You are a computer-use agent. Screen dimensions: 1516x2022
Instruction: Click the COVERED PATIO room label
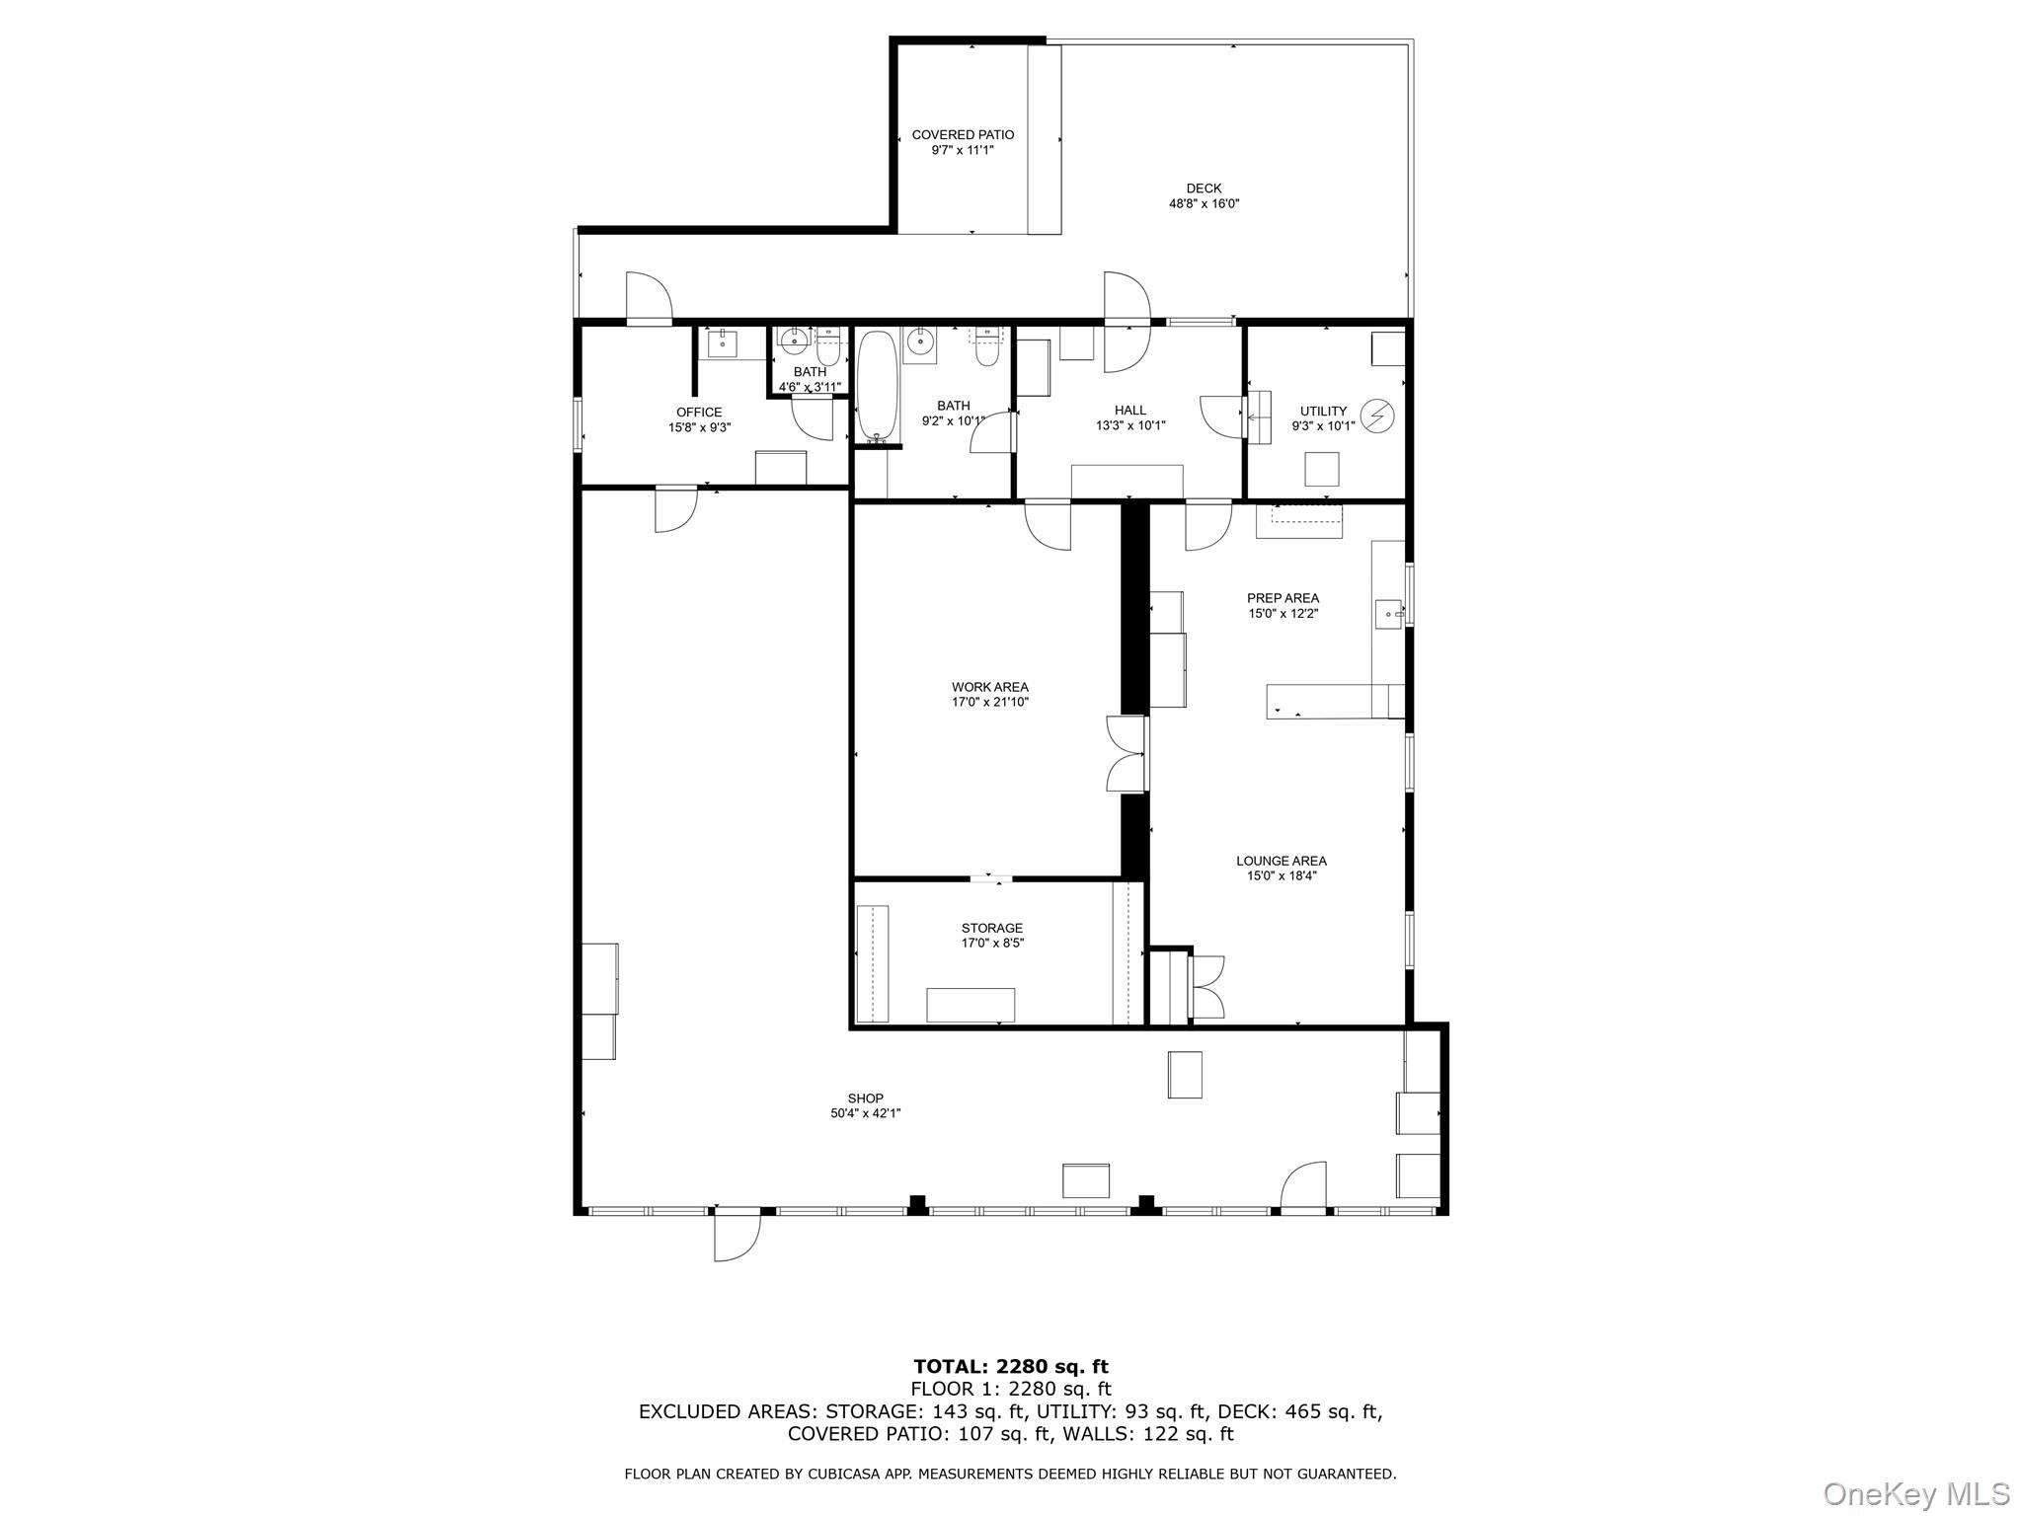click(962, 135)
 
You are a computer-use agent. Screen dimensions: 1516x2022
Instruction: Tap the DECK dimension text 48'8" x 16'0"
click(1204, 204)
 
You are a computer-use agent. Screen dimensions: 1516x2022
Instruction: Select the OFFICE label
click(699, 413)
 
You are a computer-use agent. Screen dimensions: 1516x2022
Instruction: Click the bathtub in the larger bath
click(877, 386)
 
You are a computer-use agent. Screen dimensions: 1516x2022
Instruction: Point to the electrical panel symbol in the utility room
click(1376, 416)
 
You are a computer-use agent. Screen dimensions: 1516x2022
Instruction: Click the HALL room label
click(1130, 411)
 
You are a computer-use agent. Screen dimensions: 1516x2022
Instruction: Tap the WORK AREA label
click(989, 687)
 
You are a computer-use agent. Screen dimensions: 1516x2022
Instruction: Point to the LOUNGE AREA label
click(1281, 861)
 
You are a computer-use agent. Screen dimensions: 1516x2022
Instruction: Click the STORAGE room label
click(991, 928)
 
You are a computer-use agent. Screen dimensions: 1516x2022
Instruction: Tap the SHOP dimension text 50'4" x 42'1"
click(865, 1113)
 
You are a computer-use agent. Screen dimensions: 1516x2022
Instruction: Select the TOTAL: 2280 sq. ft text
click(1010, 1366)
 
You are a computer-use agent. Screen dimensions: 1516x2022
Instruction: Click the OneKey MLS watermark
click(1915, 1493)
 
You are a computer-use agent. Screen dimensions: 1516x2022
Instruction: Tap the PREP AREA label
click(1283, 598)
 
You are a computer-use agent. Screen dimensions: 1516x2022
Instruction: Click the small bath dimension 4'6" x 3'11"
click(810, 387)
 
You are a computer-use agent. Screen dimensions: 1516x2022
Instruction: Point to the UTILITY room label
click(1323, 412)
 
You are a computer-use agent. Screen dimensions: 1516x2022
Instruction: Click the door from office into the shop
click(676, 507)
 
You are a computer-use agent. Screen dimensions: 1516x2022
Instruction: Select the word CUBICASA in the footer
click(838, 1475)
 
